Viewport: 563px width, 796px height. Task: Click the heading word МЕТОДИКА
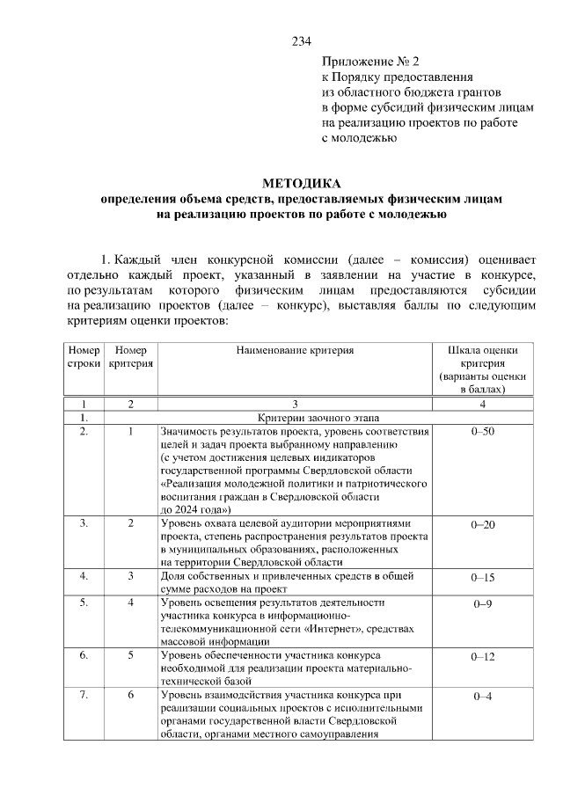[301, 184]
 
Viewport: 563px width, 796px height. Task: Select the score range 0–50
[483, 432]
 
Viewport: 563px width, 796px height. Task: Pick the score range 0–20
[483, 524]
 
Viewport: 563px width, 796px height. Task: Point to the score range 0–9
[483, 603]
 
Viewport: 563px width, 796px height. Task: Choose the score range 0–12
[483, 656]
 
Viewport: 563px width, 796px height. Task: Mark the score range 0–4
[483, 696]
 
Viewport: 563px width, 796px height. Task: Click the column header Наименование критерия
[295, 350]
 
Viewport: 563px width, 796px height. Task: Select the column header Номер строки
[84, 356]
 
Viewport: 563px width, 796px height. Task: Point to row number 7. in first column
[84, 695]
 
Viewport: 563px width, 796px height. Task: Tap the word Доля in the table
[174, 576]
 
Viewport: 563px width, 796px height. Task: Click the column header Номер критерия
[130, 356]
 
